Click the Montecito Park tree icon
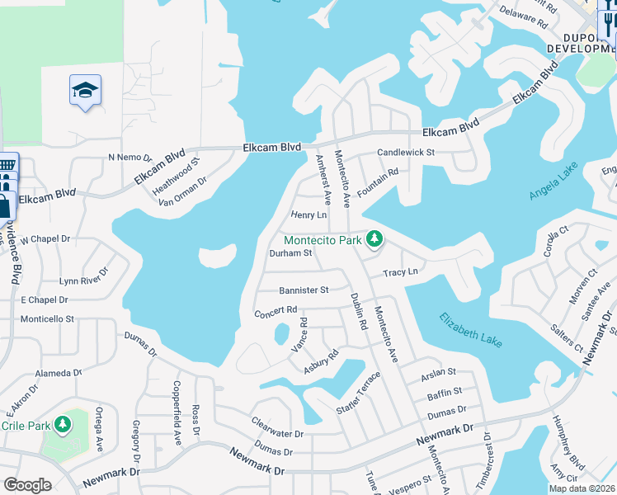(x=375, y=239)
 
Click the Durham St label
(x=290, y=254)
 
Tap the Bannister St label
(x=304, y=290)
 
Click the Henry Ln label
(x=309, y=215)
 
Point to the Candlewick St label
(x=406, y=153)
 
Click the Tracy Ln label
(x=401, y=272)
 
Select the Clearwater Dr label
(x=278, y=427)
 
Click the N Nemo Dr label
(x=130, y=157)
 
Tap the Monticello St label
(x=47, y=318)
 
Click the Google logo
(x=26, y=485)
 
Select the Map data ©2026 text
(x=581, y=488)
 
